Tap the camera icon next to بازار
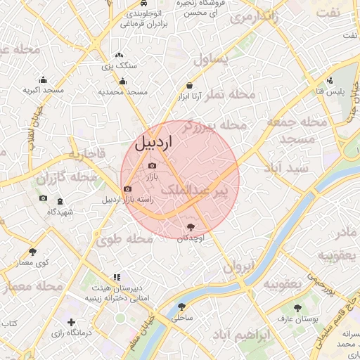[152, 166]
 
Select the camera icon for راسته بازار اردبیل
[127, 188]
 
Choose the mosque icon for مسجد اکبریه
[44, 79]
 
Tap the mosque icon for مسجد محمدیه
[123, 81]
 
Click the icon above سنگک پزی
[119, 54]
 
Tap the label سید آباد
[287, 168]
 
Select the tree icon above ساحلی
[182, 307]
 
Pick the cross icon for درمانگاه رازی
[70, 321]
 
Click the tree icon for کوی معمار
[32, 252]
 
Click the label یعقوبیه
[282, 283]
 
